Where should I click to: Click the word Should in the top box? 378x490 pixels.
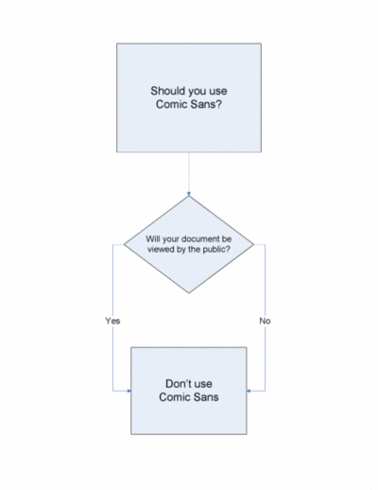(167, 91)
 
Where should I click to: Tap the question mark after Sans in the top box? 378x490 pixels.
(219, 104)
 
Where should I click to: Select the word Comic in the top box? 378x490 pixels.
(170, 104)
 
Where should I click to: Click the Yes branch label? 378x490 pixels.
(112, 321)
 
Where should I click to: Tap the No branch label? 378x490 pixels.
(265, 321)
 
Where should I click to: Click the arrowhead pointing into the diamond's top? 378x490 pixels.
(189, 194)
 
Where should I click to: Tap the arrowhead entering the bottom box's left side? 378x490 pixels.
(129, 391)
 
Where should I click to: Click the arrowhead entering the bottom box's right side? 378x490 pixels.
(249, 391)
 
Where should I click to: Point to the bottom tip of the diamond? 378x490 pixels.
(189, 293)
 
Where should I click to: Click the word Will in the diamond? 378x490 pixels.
(152, 238)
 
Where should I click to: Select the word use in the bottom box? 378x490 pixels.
(203, 384)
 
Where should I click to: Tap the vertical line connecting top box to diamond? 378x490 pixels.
(189, 172)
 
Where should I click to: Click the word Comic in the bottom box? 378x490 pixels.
(174, 397)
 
